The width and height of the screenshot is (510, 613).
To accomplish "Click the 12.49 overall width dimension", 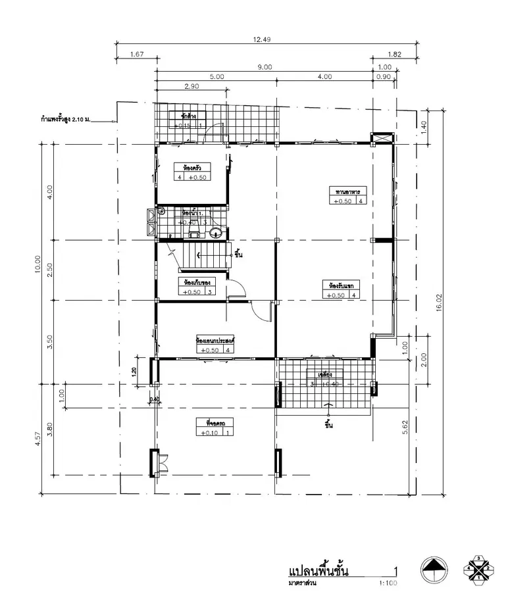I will pyautogui.click(x=262, y=39).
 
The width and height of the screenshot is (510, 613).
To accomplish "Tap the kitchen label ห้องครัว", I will pyautogui.click(x=192, y=168).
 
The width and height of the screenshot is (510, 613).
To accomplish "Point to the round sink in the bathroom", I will pyautogui.click(x=216, y=232).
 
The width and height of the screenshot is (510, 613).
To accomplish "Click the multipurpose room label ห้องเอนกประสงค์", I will pyautogui.click(x=216, y=341).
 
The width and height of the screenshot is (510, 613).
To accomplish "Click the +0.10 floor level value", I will pyautogui.click(x=211, y=433).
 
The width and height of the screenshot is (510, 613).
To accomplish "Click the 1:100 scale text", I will pyautogui.click(x=388, y=583).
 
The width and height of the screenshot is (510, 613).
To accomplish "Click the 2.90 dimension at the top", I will pyautogui.click(x=192, y=86).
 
